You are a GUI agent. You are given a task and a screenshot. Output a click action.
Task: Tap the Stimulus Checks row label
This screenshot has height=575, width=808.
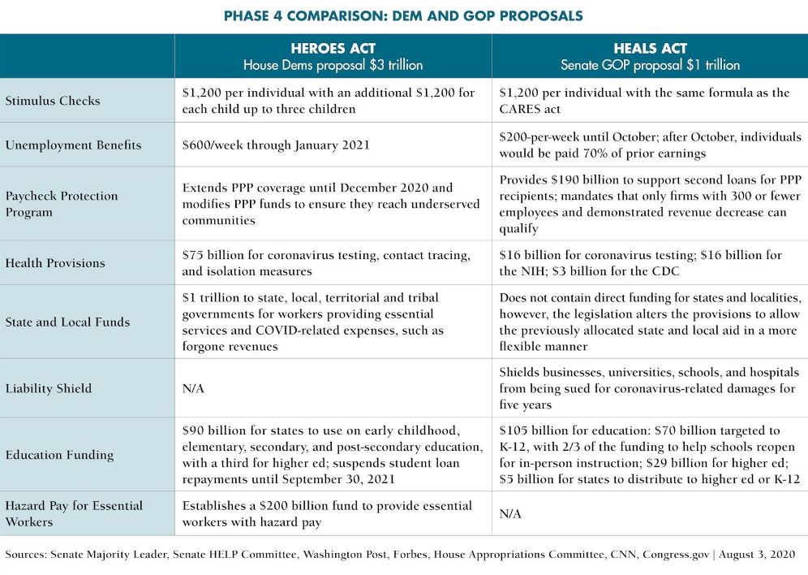coord(53,101)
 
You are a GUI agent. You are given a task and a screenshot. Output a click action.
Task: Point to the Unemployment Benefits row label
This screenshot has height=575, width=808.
coord(73,145)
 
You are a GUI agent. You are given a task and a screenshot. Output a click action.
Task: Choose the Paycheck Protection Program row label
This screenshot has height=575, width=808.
coord(62,204)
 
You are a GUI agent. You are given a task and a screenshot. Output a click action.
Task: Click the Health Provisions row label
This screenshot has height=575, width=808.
coord(55,263)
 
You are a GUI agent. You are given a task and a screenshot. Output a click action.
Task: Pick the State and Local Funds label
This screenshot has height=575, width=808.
coord(67,322)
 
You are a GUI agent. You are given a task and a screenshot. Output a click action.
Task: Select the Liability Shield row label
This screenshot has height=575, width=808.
coord(49,388)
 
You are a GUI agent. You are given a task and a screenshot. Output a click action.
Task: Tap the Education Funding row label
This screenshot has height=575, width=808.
coord(59,455)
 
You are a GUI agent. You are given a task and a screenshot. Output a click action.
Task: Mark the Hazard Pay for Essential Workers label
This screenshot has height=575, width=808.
coord(74,513)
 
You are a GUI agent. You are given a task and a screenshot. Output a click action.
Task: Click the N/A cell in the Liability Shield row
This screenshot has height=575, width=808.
coord(193,388)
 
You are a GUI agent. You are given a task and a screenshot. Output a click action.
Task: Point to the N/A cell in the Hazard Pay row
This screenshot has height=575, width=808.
coord(510,513)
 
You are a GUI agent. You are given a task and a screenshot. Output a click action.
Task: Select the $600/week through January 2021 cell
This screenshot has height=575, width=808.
coord(276,145)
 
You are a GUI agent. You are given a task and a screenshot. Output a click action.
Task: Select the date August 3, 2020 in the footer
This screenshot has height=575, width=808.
coord(757,555)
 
